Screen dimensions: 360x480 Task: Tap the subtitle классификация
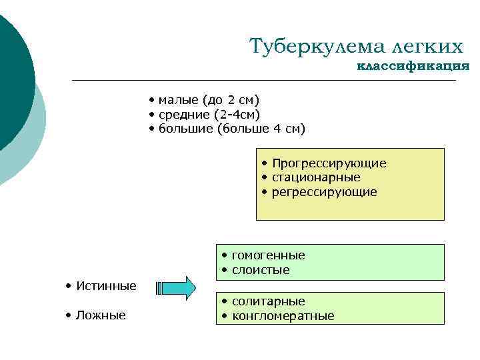pyautogui.click(x=413, y=66)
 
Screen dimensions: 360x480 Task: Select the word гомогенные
pyautogui.click(x=268, y=255)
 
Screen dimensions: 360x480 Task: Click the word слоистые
pyautogui.click(x=261, y=270)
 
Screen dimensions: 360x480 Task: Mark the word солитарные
pyautogui.click(x=268, y=301)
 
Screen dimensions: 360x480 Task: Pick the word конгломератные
pyautogui.click(x=283, y=316)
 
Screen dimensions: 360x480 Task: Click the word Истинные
pyautogui.click(x=106, y=286)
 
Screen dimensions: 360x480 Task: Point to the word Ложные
pyautogui.click(x=101, y=315)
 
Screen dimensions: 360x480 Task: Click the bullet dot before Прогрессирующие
pyautogui.click(x=265, y=163)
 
